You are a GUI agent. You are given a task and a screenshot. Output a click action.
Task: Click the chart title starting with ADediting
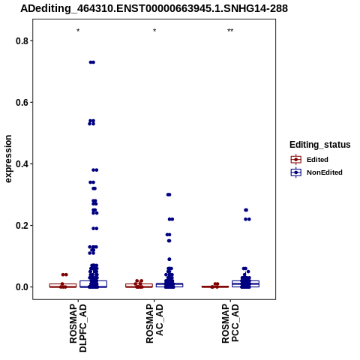(154, 8)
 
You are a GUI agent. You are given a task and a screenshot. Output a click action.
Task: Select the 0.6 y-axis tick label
(22, 102)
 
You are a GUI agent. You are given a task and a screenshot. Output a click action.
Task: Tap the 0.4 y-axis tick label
(22, 163)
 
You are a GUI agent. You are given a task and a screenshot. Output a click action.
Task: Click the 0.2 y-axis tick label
(22, 225)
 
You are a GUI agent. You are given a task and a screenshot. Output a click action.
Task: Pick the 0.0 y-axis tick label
(22, 286)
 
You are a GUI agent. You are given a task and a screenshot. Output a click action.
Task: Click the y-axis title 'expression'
(8, 159)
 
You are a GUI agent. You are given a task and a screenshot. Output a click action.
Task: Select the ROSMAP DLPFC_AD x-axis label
(78, 328)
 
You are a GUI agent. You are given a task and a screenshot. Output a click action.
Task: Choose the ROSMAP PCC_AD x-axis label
(230, 323)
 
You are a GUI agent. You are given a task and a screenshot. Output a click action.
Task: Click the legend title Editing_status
(320, 145)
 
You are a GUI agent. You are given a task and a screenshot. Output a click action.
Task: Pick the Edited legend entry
(310, 160)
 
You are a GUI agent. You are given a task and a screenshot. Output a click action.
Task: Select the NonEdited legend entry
(316, 172)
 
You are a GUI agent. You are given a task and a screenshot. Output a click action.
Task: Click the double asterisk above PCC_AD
(230, 31)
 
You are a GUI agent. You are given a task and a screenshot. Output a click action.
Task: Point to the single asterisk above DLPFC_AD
(78, 31)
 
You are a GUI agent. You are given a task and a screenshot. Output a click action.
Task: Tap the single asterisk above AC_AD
(154, 31)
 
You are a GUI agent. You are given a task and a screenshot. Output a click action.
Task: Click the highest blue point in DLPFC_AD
(92, 62)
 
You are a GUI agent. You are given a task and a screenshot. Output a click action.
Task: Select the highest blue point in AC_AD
(169, 194)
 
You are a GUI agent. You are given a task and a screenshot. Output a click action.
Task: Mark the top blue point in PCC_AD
(246, 210)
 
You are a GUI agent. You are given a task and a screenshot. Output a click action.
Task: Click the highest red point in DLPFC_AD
(64, 274)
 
